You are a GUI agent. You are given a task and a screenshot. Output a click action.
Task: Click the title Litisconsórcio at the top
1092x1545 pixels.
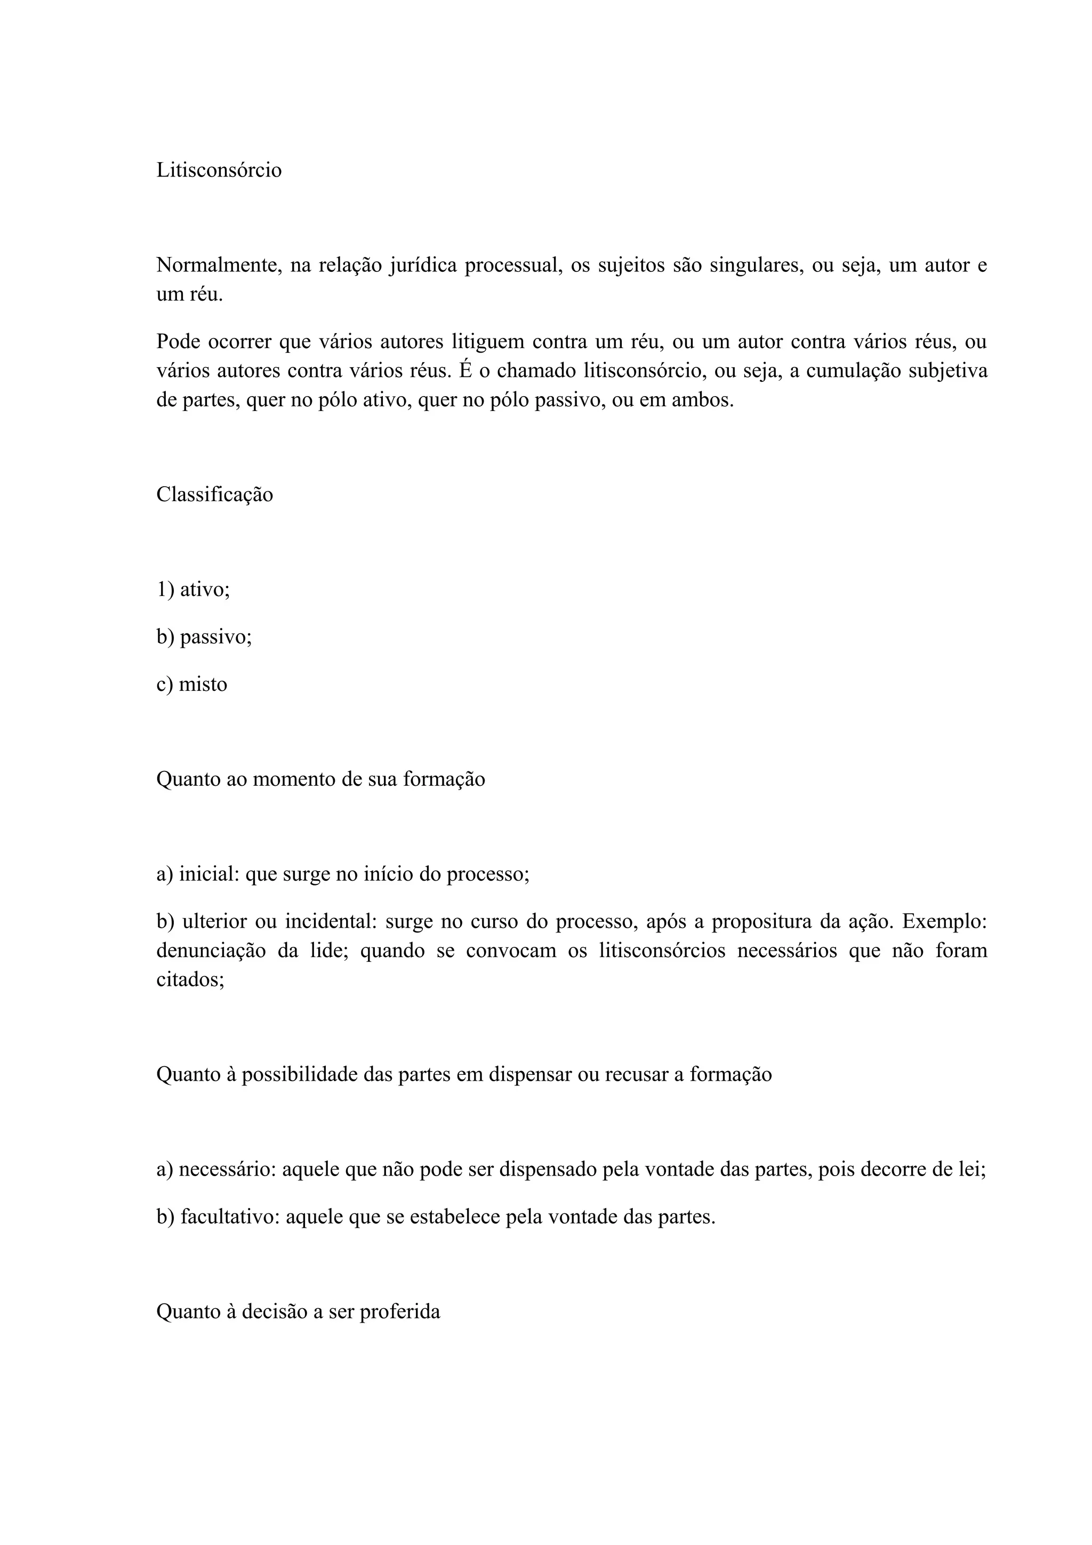click(x=219, y=170)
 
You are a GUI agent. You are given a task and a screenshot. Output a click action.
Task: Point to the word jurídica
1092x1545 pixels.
click(x=422, y=265)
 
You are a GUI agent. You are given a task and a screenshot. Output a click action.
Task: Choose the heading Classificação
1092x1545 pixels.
click(x=215, y=495)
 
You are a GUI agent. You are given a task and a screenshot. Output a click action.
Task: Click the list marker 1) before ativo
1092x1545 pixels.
click(x=165, y=590)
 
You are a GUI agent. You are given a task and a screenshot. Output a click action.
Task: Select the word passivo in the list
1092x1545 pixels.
click(x=215, y=637)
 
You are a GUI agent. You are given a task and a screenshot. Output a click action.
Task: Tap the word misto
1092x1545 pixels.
click(x=203, y=685)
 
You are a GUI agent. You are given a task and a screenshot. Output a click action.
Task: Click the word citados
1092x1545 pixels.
click(x=190, y=980)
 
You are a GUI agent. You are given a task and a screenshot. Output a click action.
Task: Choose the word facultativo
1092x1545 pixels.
click(x=229, y=1217)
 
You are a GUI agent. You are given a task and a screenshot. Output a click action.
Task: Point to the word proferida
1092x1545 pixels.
click(x=400, y=1311)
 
